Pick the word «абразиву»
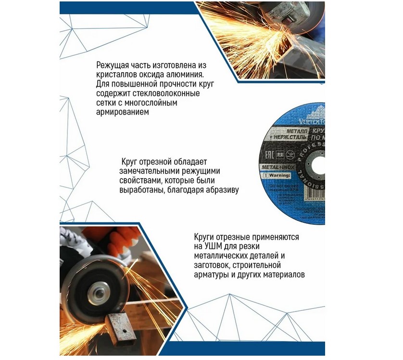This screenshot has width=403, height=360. tap(222, 190)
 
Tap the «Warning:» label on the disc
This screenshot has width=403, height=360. tap(281, 176)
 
